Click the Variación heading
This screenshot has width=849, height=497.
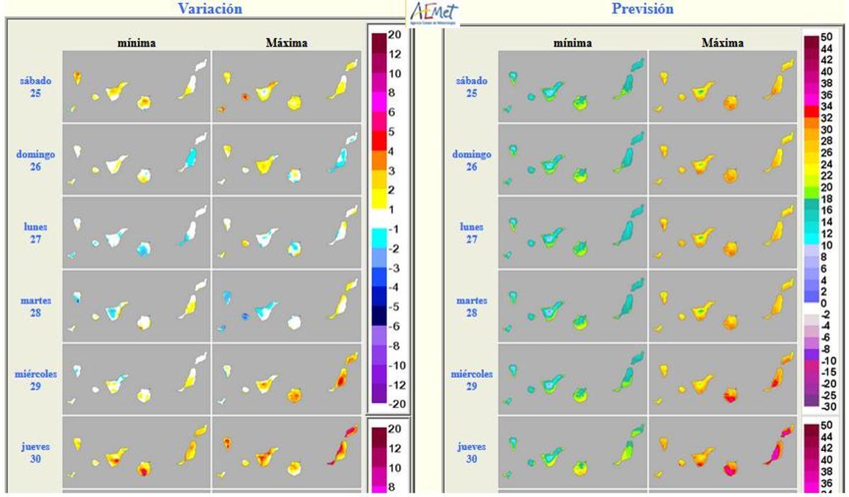click(209, 9)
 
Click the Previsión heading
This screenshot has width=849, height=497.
click(642, 9)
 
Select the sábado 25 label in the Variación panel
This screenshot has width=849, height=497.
click(35, 87)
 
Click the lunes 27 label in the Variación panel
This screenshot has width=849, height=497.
click(35, 233)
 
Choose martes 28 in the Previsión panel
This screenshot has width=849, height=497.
click(471, 307)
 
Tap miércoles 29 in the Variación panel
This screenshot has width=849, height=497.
click(36, 380)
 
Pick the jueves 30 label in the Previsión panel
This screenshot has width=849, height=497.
click(471, 452)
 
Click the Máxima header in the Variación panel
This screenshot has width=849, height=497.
click(287, 43)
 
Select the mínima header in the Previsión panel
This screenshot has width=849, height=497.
click(572, 43)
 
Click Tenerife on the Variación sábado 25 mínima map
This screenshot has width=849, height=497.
click(115, 91)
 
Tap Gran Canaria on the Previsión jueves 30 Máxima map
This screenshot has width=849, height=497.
click(729, 468)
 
